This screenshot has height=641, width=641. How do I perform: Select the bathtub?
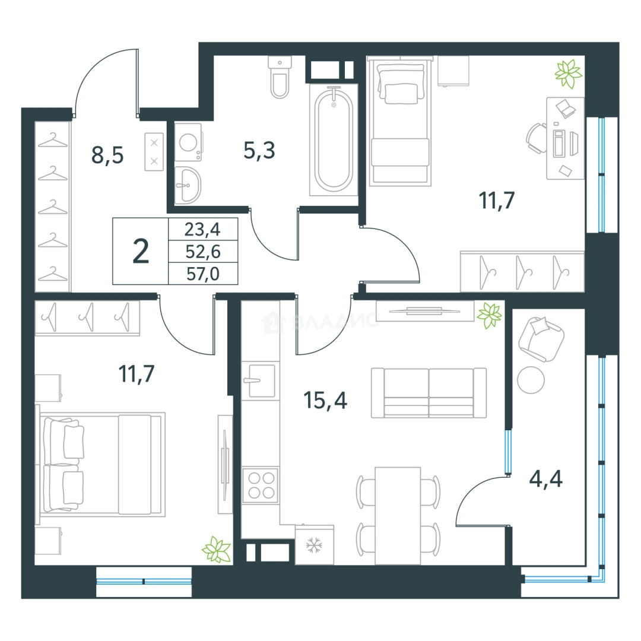pos(334,140)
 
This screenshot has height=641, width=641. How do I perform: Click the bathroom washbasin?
pos(188,185)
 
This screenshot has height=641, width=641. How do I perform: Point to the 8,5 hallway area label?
pos(107,155)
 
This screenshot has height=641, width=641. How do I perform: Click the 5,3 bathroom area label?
pos(259,150)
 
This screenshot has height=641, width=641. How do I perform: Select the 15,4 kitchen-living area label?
pos(325,400)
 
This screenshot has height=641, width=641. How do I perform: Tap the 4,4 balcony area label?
pos(546,479)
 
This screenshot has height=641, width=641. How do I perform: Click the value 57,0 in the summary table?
pos(203,274)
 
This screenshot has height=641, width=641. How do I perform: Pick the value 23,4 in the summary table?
pos(202,229)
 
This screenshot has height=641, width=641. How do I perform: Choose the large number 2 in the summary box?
pos(141,252)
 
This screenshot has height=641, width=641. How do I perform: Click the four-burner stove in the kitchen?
pos(261,485)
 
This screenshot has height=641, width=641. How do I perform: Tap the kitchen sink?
pos(261,381)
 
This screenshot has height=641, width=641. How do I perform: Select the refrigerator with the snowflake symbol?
pos(315,545)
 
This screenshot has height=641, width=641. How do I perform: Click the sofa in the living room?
pos(429,393)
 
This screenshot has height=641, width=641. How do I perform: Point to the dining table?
pos(398,516)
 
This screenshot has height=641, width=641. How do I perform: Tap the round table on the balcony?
pos(531,380)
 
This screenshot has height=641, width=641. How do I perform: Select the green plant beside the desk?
pos(568,74)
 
